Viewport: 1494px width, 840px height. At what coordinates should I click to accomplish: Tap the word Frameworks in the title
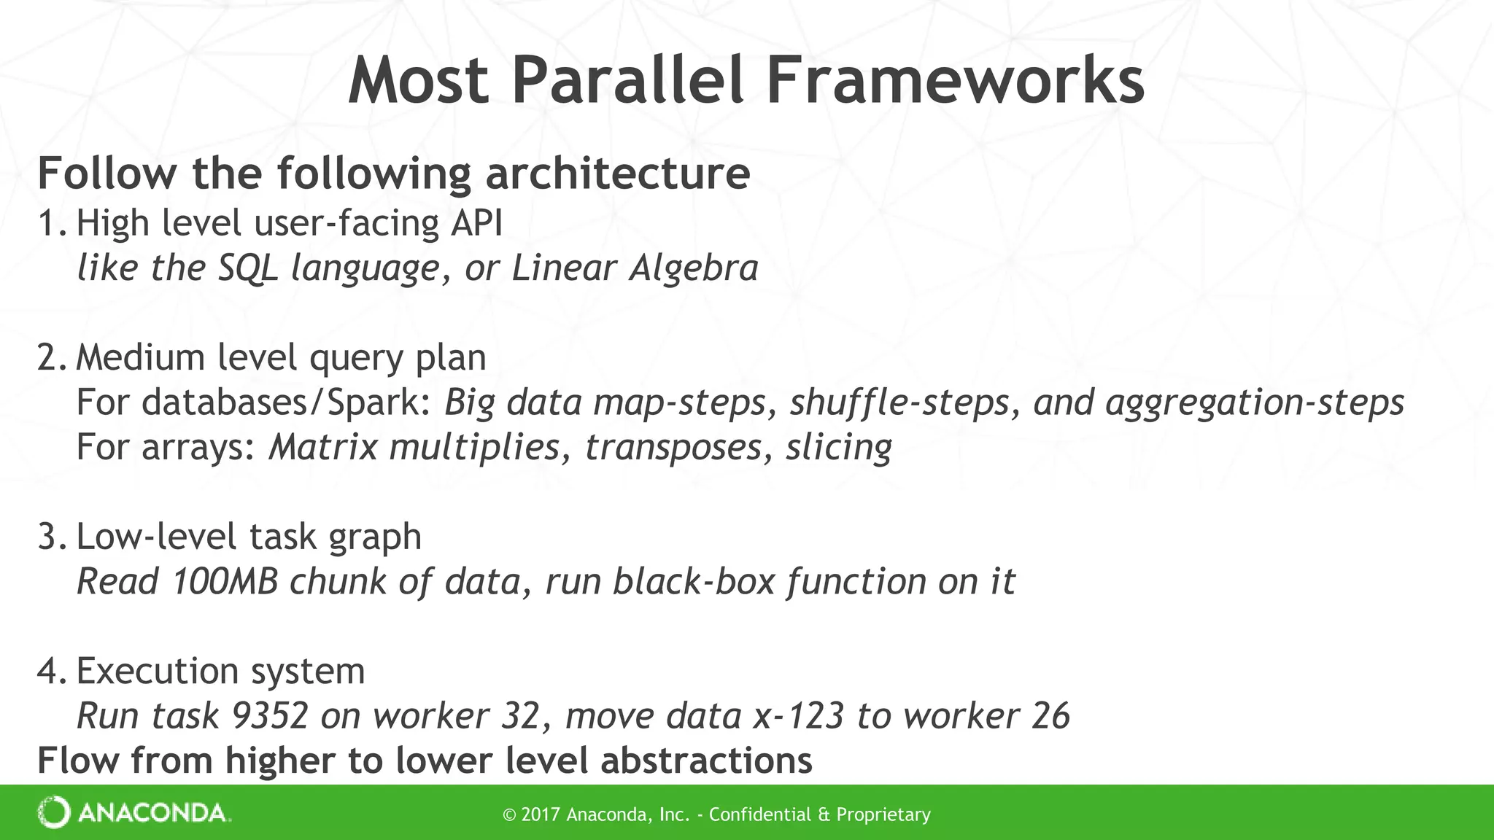954,82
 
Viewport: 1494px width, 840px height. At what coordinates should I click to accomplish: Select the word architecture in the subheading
617,174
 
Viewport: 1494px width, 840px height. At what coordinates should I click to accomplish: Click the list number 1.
51,223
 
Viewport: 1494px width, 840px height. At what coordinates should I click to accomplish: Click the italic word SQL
248,268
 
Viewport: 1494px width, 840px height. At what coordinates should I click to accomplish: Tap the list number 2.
51,358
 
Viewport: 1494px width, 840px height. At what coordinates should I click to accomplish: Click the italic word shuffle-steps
899,402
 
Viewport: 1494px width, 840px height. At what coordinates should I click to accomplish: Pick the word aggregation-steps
1255,402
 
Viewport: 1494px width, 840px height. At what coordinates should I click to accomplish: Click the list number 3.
51,537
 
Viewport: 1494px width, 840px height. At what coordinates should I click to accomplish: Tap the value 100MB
225,582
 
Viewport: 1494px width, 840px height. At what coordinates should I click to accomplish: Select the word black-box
693,582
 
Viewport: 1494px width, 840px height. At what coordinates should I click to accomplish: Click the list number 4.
51,671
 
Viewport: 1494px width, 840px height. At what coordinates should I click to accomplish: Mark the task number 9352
269,716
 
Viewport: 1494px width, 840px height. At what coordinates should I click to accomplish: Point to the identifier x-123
797,716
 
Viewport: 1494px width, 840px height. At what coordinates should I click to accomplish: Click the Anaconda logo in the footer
134,813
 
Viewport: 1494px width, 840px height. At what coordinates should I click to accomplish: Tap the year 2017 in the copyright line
541,814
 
